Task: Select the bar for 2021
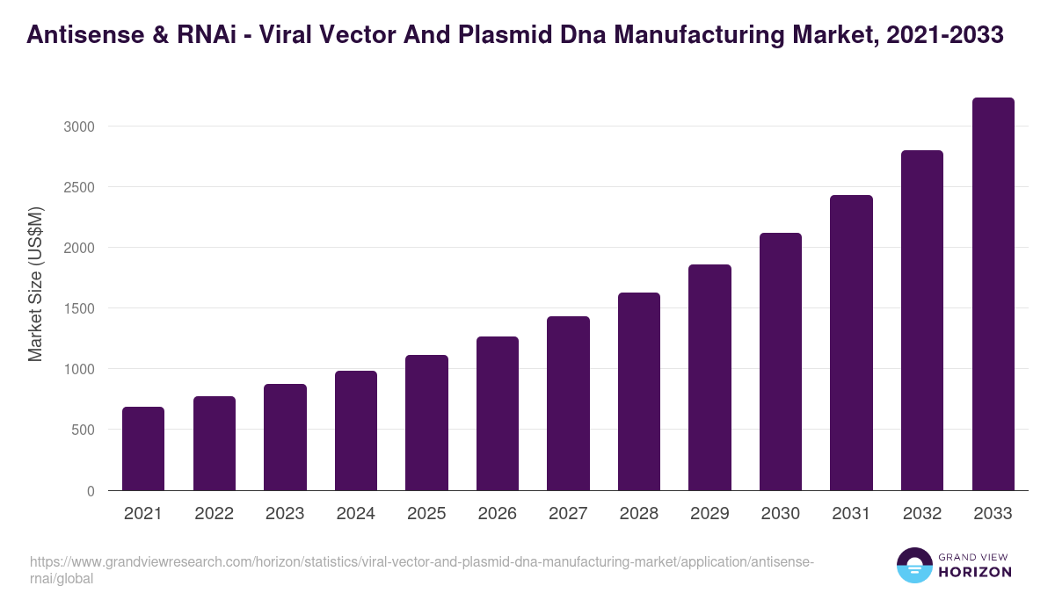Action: coord(143,449)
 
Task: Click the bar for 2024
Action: coord(356,430)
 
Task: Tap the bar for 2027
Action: coord(568,403)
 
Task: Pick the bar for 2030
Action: coord(781,362)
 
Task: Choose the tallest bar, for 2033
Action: coord(993,294)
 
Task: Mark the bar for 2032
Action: coord(922,321)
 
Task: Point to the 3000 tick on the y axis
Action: coord(80,127)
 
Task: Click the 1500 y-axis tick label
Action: coord(80,308)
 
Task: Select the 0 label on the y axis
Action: coord(91,491)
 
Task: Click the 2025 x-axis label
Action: coord(426,514)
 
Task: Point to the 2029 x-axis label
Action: coord(709,514)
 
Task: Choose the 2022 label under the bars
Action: coord(214,514)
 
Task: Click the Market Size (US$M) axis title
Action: coord(35,284)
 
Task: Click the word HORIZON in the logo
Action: coord(974,572)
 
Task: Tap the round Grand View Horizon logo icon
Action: coord(914,565)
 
